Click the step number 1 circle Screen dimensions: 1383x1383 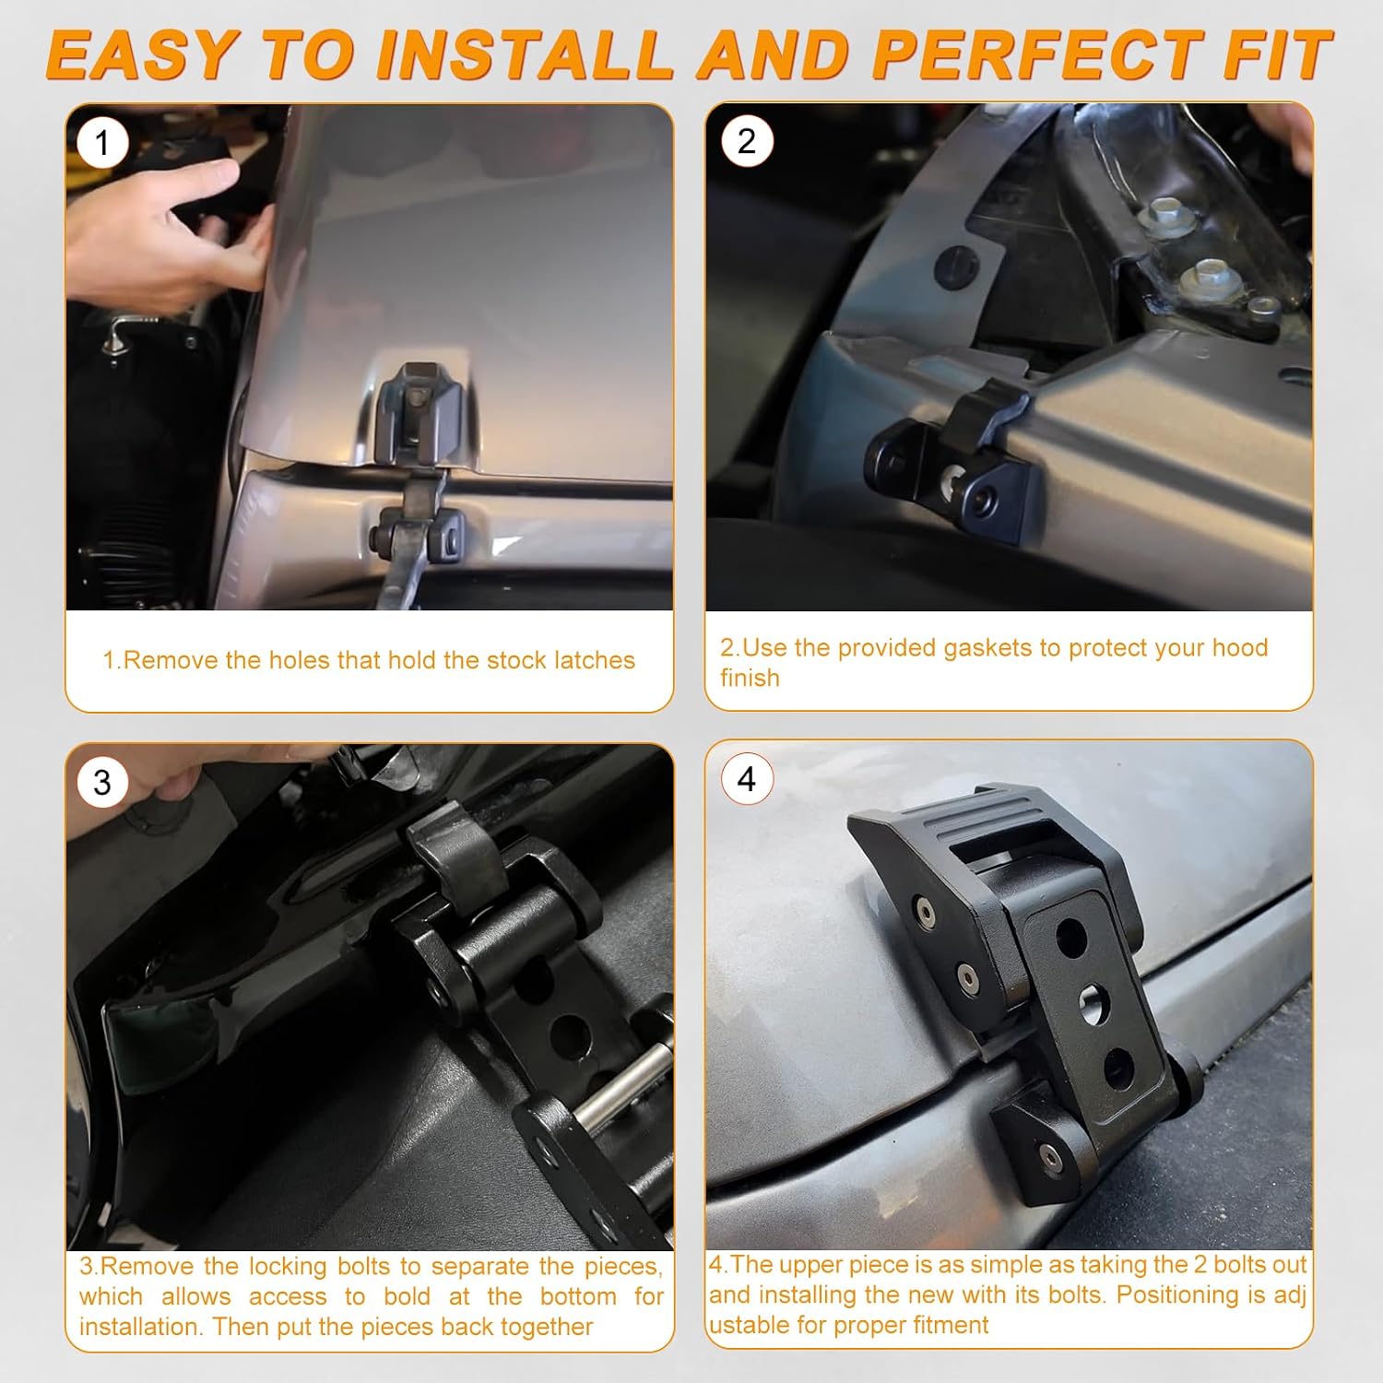click(x=102, y=143)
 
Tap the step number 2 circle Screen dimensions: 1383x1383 click(x=746, y=141)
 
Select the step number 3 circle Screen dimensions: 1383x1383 click(x=102, y=782)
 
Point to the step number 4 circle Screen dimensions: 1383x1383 click(x=746, y=779)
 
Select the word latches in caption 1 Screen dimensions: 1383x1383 click(x=595, y=660)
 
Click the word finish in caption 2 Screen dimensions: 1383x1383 click(x=750, y=678)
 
